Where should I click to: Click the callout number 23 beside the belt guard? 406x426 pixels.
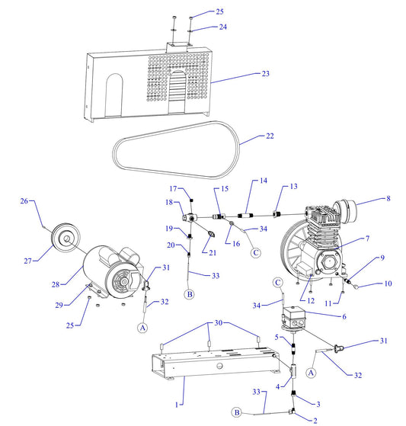266,75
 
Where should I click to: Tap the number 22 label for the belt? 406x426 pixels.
269,137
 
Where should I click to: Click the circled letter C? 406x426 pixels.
256,252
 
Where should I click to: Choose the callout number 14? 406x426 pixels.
264,181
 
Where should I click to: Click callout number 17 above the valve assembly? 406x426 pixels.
173,189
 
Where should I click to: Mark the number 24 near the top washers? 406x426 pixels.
202,27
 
